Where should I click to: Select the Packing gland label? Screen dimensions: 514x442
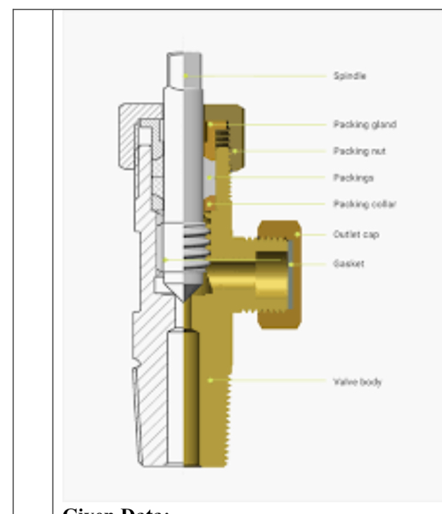coord(355,125)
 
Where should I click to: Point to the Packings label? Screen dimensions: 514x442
coord(346,178)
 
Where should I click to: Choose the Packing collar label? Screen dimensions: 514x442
coord(355,204)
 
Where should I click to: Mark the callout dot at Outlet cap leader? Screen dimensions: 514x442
coord(298,234)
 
